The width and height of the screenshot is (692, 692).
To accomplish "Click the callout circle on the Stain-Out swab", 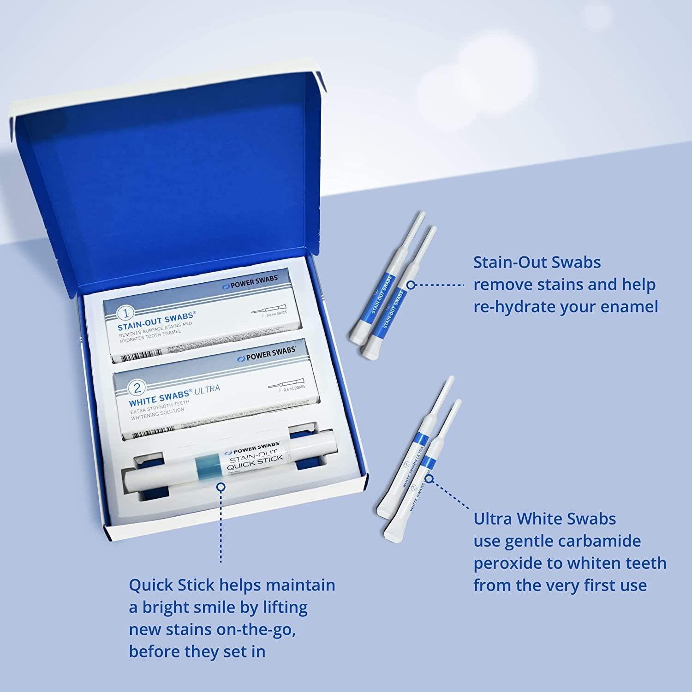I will tap(411, 285).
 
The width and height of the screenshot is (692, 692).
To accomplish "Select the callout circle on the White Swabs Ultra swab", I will tap(429, 478).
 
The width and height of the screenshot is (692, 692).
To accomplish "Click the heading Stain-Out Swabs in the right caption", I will tap(537, 262).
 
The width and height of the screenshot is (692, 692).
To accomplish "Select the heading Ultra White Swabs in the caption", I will tap(544, 519).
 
